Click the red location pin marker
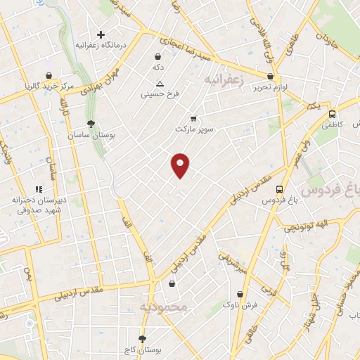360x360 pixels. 181,165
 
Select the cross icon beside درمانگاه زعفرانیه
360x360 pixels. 101,34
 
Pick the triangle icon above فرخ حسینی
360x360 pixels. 160,83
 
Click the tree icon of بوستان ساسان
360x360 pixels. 91,123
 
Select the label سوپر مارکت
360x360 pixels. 194,129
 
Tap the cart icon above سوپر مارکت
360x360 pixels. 194,118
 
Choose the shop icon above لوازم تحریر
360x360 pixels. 271,77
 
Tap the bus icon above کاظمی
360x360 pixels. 332,114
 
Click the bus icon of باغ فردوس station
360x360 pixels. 280,189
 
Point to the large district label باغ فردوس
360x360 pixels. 330,190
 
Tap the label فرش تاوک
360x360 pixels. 241,305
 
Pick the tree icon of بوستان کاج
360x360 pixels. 143,338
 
